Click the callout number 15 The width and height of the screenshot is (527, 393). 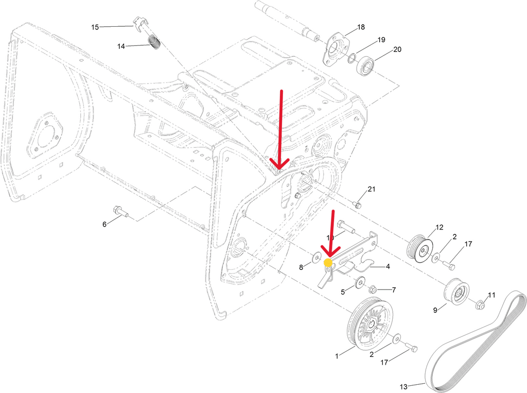point(95,26)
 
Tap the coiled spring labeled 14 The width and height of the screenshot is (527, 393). point(154,42)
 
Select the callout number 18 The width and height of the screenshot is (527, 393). point(361,27)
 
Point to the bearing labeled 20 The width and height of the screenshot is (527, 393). point(366,66)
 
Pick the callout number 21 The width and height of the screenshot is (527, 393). point(372,189)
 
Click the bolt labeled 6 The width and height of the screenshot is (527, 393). point(119,211)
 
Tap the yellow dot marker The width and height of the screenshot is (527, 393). point(328,263)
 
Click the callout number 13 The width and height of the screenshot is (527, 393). point(403,386)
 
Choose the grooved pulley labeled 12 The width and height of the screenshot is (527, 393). point(419,249)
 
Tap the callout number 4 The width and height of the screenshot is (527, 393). point(388,267)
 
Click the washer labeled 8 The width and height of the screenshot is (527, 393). point(315,257)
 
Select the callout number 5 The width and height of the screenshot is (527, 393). point(343,292)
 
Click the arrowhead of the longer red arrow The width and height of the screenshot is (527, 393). point(279,166)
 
